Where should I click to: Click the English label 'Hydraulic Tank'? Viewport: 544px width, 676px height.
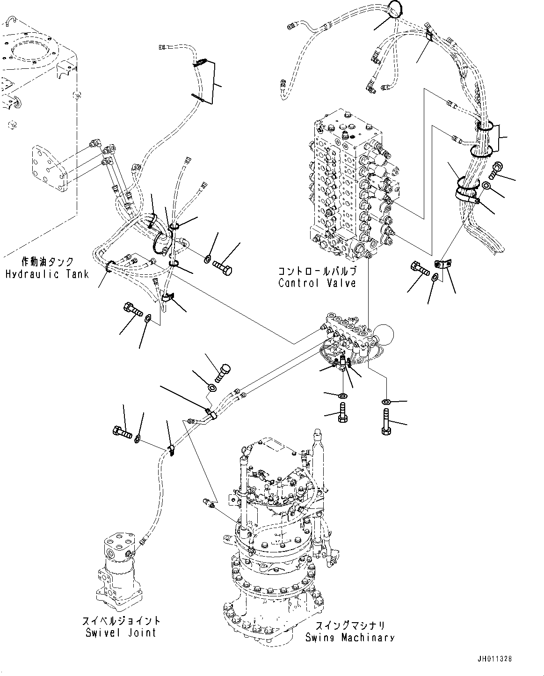pyautogui.click(x=47, y=274)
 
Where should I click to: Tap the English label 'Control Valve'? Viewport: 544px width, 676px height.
pyautogui.click(x=317, y=283)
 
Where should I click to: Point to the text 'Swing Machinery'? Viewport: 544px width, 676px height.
pyautogui.click(x=350, y=638)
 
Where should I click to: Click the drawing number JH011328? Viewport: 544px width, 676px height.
pyautogui.click(x=495, y=658)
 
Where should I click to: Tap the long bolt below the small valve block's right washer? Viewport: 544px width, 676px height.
pyautogui.click(x=387, y=422)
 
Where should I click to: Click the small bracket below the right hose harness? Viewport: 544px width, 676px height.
pyautogui.click(x=442, y=265)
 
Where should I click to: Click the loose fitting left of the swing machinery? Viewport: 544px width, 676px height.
pyautogui.click(x=209, y=503)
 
